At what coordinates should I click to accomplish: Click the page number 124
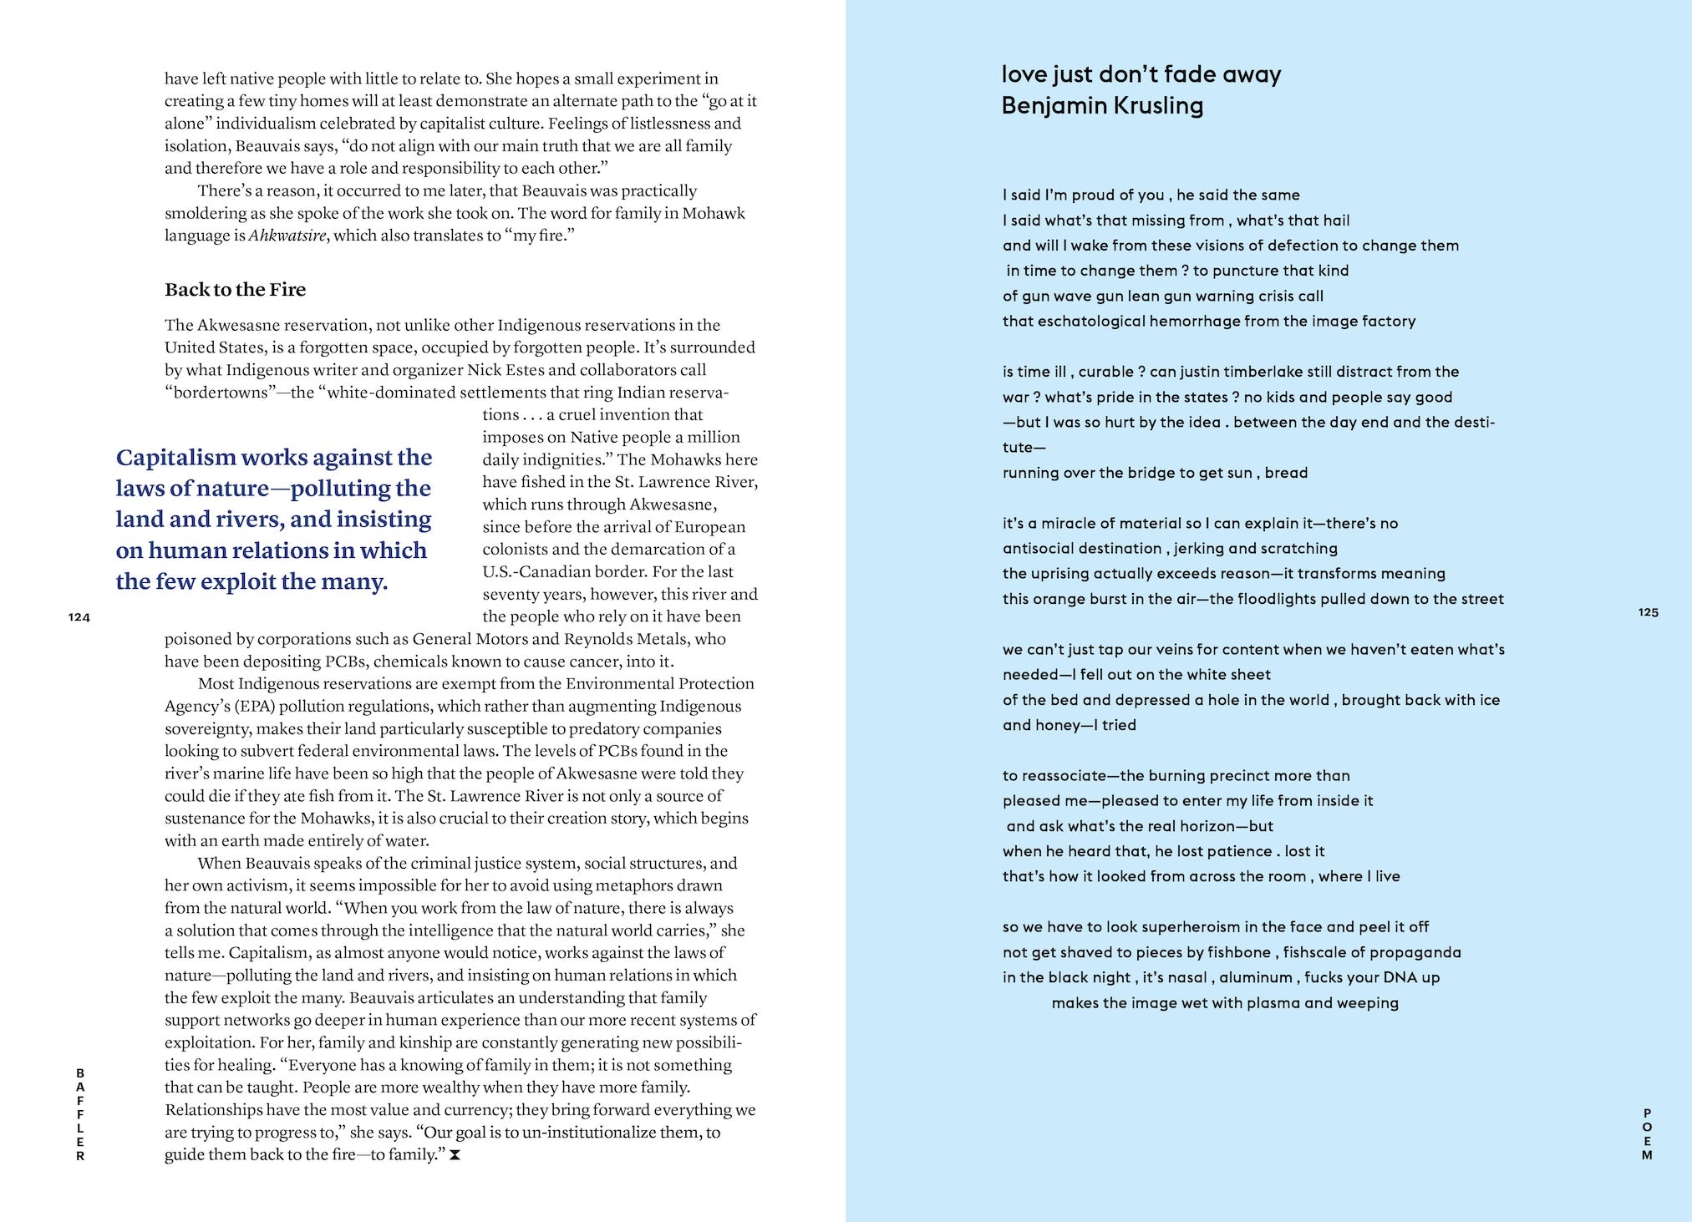(79, 617)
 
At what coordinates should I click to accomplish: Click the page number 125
(1648, 612)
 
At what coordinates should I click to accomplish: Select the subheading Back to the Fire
(235, 290)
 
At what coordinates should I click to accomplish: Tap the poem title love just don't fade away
(1141, 74)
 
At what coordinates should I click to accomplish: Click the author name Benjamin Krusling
(1102, 106)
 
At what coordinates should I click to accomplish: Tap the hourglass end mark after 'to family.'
(455, 1156)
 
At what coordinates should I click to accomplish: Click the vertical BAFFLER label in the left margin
(80, 1114)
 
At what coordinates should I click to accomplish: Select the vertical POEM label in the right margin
(1647, 1134)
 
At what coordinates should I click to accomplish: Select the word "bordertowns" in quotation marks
(219, 393)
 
